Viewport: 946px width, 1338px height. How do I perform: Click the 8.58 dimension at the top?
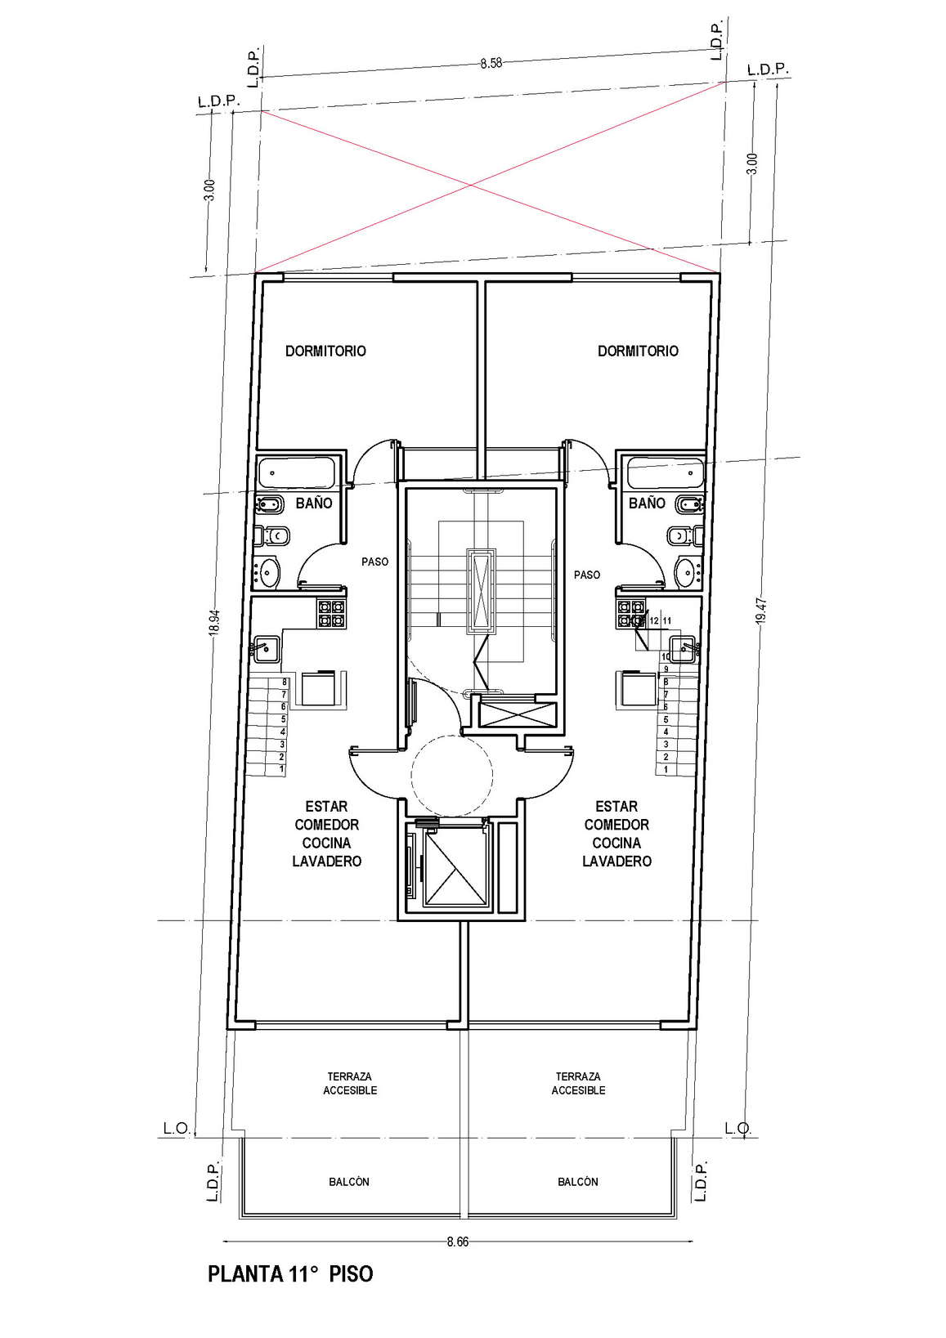click(491, 63)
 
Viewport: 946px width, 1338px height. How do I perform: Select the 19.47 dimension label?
click(760, 611)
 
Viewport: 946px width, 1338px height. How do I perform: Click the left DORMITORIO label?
click(325, 351)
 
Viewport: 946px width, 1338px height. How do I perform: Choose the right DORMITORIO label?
click(639, 351)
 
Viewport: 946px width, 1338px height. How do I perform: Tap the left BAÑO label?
click(314, 503)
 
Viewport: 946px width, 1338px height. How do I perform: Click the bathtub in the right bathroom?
click(663, 472)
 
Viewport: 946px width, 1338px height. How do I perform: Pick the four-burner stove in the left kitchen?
click(332, 614)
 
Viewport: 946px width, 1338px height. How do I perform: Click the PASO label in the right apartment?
click(587, 575)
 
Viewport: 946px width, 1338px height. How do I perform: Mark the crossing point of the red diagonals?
click(471, 186)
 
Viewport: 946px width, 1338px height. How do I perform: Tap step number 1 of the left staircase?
click(283, 769)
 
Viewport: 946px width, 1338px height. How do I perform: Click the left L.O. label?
click(177, 1128)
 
